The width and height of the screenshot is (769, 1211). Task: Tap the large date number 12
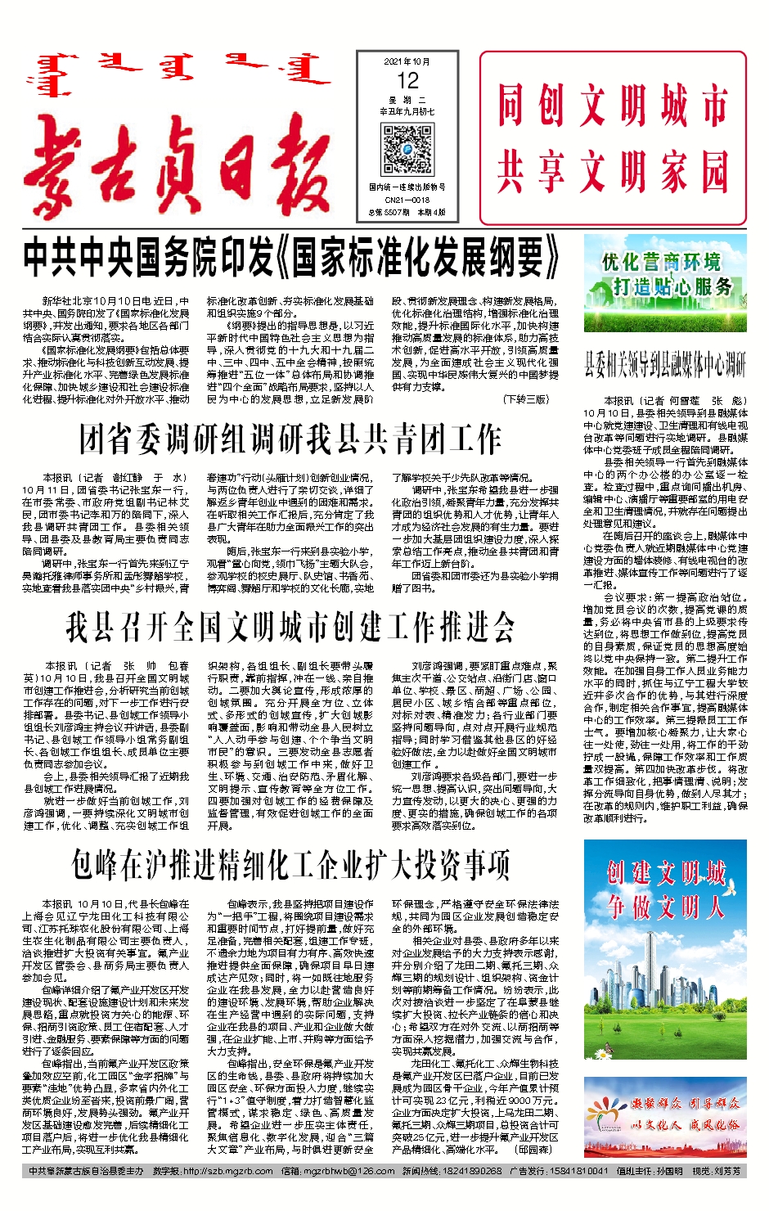point(407,81)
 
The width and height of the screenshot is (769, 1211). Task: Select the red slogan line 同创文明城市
point(613,106)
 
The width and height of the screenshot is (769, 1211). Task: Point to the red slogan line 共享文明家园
point(613,172)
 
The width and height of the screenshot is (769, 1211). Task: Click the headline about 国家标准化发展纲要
point(291,259)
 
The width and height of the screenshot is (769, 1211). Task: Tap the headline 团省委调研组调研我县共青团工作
point(290,439)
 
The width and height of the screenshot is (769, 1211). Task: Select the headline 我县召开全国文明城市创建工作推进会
point(290,628)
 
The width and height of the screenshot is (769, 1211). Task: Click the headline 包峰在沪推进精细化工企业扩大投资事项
point(290,864)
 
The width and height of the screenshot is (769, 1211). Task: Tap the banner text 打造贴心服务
point(672,286)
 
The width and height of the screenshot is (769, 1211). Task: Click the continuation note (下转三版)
point(526,399)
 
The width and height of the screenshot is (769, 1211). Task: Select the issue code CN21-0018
point(407,200)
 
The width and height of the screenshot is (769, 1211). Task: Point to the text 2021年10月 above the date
point(407,61)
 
